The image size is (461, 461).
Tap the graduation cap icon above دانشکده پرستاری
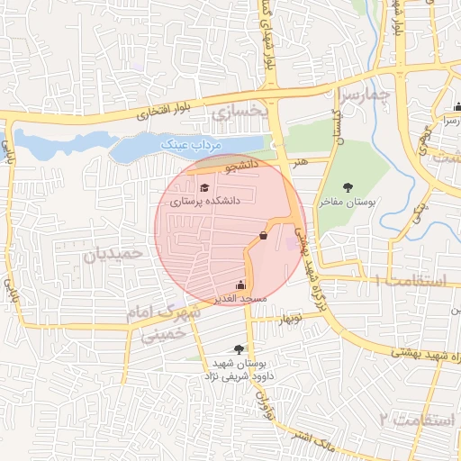204,187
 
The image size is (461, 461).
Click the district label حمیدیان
114,255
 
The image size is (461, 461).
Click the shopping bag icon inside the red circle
262,235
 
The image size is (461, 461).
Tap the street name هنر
299,160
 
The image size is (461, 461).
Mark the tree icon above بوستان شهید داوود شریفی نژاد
239,348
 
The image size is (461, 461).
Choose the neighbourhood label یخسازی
240,113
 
